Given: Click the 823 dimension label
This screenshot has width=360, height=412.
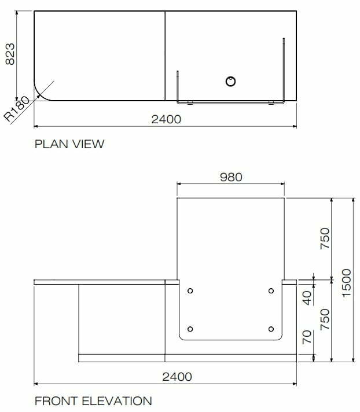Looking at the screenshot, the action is [x=10, y=54].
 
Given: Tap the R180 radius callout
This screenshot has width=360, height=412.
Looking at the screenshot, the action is [x=17, y=109].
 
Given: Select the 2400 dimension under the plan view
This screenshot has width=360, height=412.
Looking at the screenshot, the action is [x=166, y=119].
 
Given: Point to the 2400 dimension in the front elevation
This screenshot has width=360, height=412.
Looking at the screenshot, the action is [x=177, y=377].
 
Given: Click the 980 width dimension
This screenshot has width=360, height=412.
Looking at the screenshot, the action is [x=231, y=177].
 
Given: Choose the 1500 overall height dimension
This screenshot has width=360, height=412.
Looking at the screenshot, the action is [x=347, y=283].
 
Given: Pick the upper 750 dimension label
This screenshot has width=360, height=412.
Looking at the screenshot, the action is [x=325, y=238].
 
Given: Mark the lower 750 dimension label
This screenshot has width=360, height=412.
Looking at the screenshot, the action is [x=325, y=319].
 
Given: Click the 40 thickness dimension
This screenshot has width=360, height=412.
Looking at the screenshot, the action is [x=307, y=298].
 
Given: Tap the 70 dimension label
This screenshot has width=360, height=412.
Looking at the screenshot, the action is [x=307, y=337].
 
